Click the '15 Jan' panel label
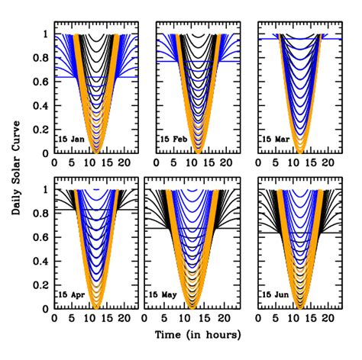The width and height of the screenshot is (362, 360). [x=71, y=140]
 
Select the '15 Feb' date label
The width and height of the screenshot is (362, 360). [x=173, y=140]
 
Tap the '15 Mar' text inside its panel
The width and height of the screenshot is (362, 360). [x=276, y=140]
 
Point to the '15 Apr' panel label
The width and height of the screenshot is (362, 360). [x=71, y=294]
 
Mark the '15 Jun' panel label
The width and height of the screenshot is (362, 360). [x=276, y=294]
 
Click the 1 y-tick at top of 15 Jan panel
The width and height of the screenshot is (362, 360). [x=45, y=34]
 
